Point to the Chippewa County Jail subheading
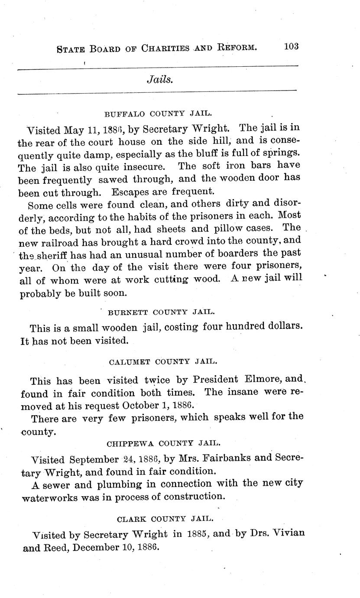164,443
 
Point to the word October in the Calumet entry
139,405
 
